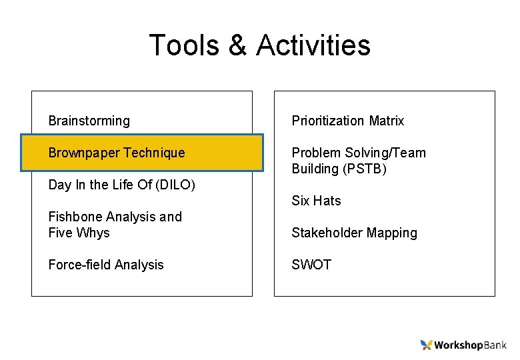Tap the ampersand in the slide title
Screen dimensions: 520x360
[238, 45]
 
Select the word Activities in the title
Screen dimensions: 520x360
[313, 45]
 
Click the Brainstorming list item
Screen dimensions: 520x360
[89, 121]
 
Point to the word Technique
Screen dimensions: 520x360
[154, 153]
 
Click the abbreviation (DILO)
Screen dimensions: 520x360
[175, 185]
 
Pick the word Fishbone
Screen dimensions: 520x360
[77, 217]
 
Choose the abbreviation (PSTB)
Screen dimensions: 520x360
[365, 169]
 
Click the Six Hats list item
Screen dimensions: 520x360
[316, 201]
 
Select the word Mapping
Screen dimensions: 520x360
[392, 233]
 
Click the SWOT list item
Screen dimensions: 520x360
[311, 265]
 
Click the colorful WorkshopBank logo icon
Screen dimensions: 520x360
[427, 345]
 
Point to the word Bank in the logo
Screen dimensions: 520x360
[494, 345]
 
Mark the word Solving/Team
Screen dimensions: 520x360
[386, 153]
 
